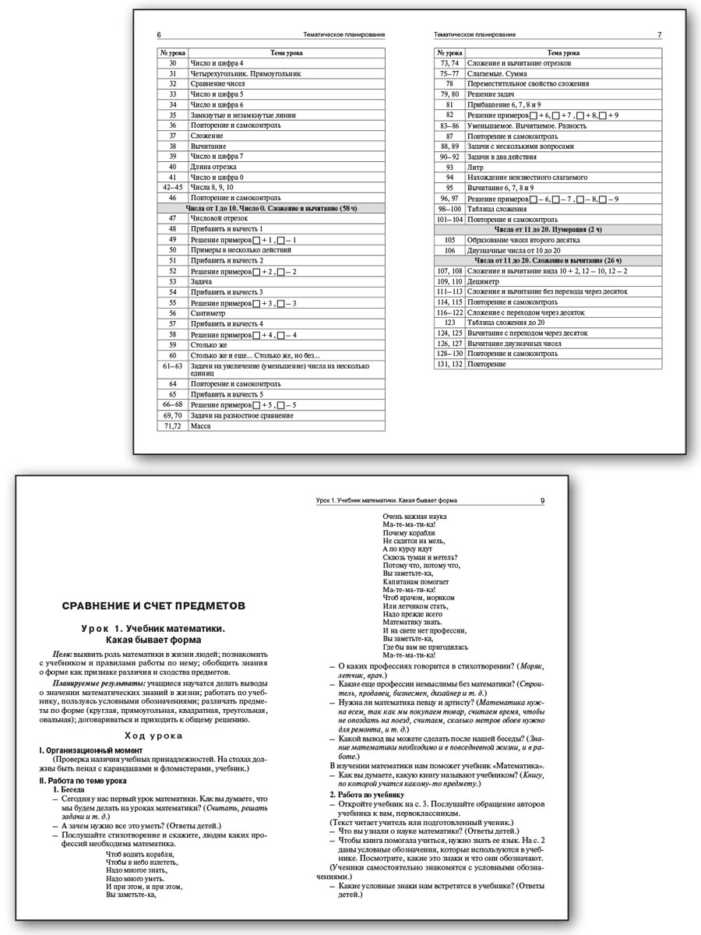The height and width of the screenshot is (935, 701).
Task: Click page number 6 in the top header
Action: [x=160, y=35]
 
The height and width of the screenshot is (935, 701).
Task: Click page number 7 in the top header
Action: [x=660, y=35]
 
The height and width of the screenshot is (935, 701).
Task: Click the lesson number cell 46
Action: [x=173, y=198]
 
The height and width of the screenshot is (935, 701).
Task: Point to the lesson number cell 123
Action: [x=449, y=322]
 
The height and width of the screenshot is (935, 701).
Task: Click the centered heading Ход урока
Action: [x=153, y=736]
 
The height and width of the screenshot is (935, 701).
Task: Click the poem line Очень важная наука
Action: [x=415, y=516]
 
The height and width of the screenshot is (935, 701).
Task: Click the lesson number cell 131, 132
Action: [x=449, y=364]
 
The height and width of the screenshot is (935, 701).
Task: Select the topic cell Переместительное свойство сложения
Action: [x=527, y=83]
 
